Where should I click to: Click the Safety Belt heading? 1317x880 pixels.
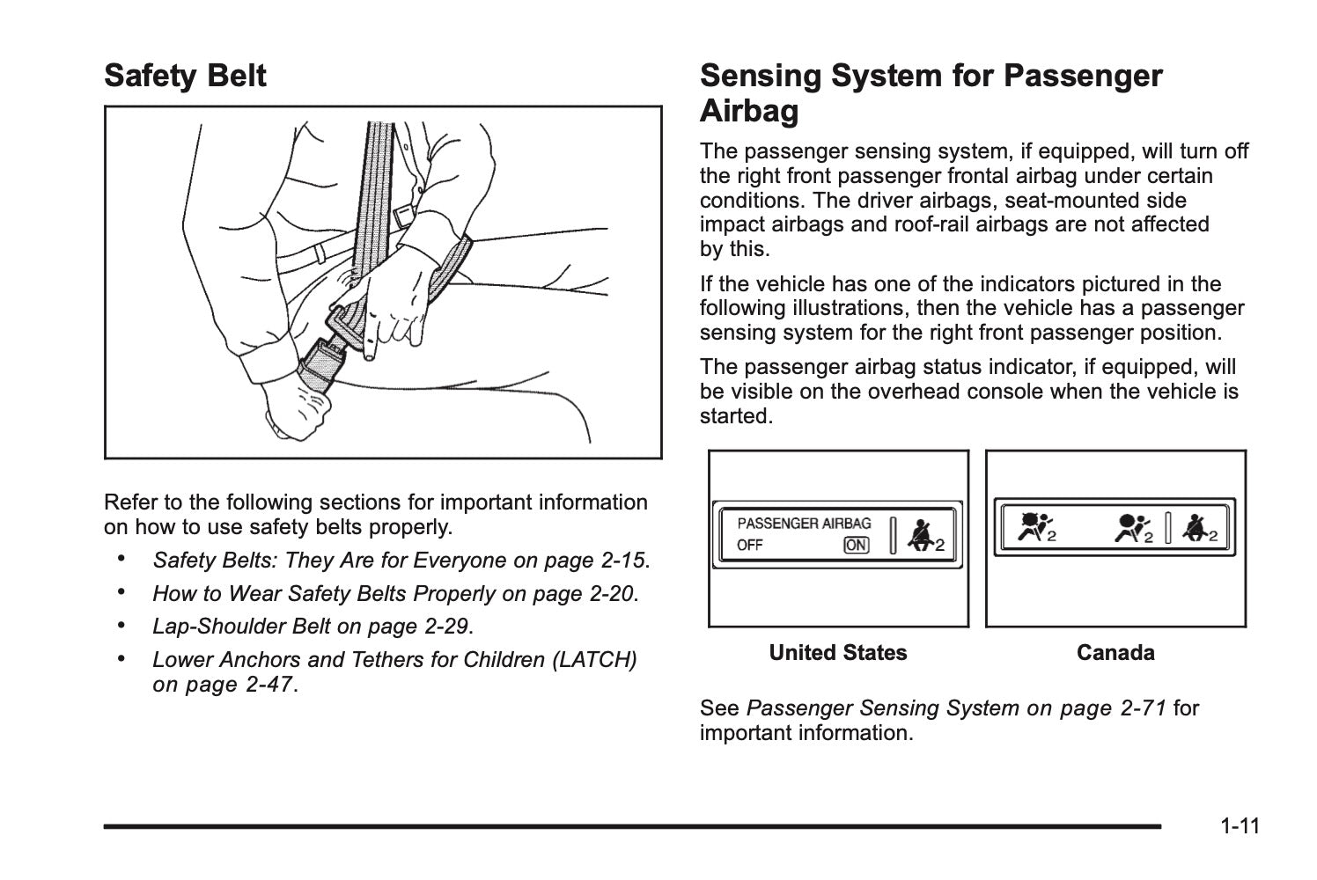[x=185, y=76]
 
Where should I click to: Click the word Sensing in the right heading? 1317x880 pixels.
[x=761, y=76]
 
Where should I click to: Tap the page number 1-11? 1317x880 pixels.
[x=1240, y=826]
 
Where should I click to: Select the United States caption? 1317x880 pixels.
[x=837, y=653]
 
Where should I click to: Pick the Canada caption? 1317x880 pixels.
[x=1115, y=653]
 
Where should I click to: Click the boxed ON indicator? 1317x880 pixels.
[x=856, y=545]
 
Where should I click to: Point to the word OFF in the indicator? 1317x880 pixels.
[x=750, y=545]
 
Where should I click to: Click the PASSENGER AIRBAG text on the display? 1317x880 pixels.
[x=804, y=523]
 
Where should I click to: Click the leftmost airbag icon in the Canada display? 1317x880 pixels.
[x=1031, y=527]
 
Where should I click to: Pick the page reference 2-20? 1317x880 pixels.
[x=611, y=594]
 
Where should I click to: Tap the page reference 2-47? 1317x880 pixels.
[x=266, y=685]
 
